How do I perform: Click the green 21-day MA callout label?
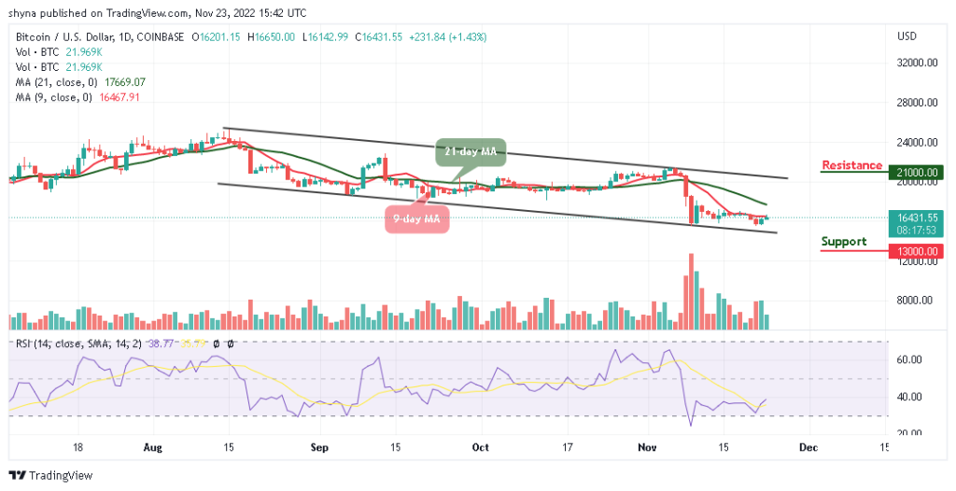469,150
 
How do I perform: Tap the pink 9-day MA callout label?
416,219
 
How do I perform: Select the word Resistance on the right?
851,165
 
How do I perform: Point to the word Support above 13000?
844,242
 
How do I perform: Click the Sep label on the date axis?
319,447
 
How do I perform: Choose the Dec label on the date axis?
808,447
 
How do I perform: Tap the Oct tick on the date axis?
480,447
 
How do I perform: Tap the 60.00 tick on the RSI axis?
910,359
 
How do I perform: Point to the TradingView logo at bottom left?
50,475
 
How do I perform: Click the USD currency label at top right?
907,36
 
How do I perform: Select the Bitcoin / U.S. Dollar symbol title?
69,37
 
